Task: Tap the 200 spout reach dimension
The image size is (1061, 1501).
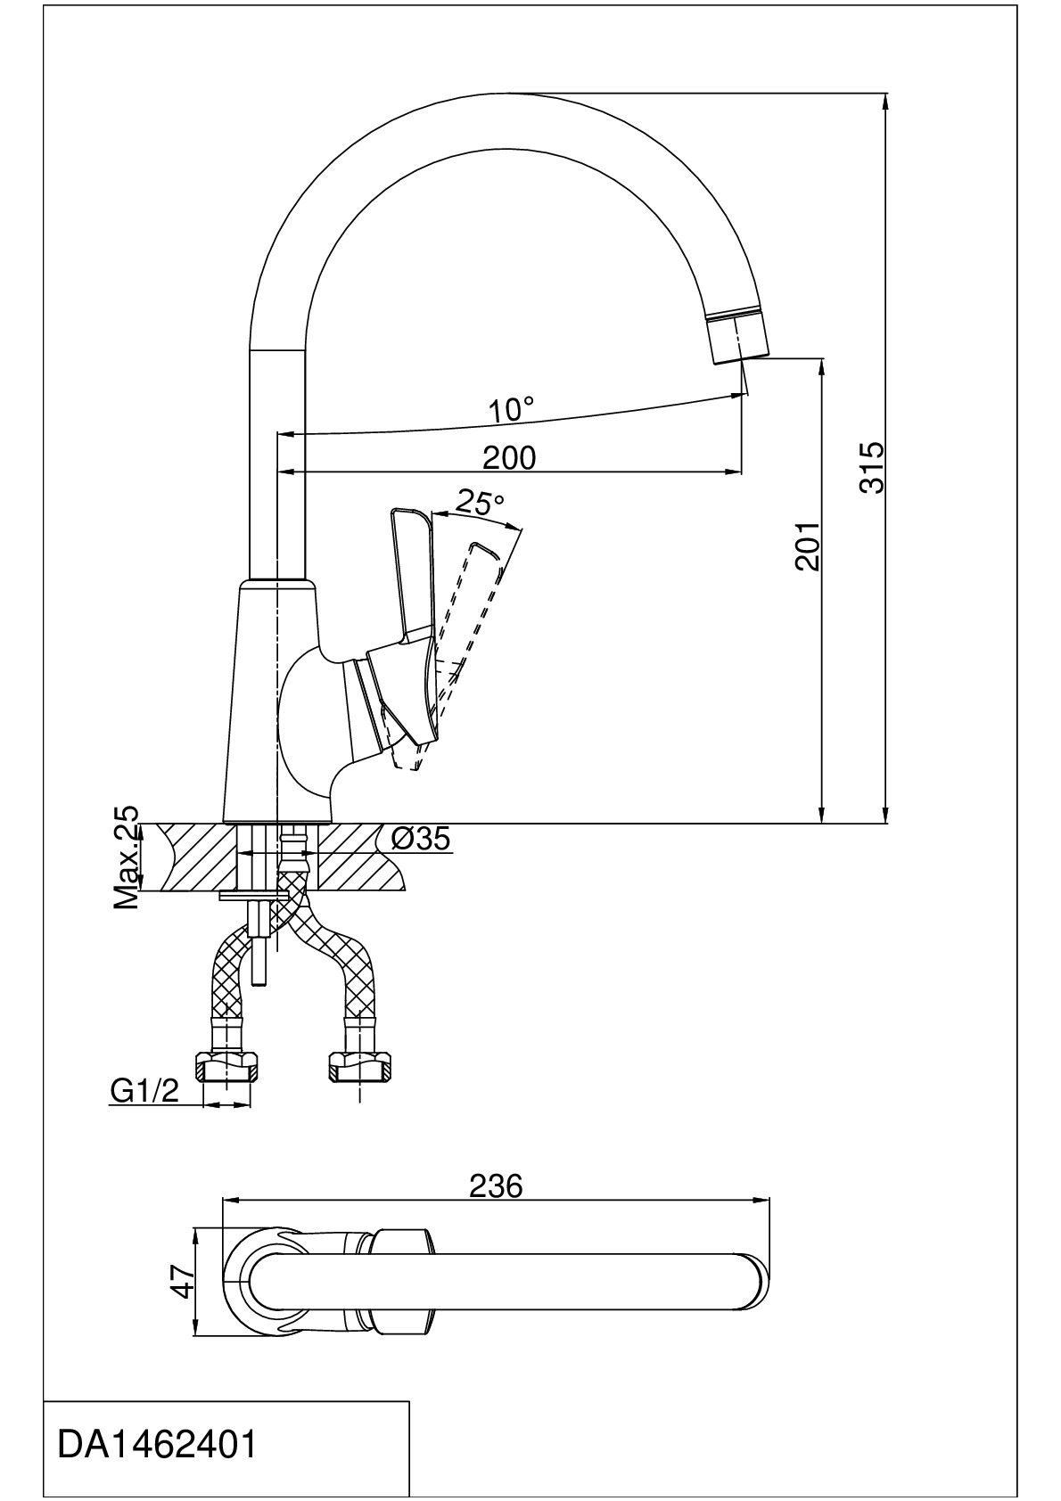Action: click(x=509, y=457)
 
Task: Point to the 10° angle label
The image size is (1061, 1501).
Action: click(x=511, y=410)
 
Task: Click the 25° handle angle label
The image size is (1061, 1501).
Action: click(x=480, y=504)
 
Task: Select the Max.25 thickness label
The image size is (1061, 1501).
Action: click(x=127, y=857)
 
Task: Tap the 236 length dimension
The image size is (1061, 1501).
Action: click(x=495, y=1186)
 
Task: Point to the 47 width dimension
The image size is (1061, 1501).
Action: click(x=183, y=1282)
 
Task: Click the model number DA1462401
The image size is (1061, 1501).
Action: click(x=157, y=1445)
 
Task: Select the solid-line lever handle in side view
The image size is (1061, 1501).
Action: click(x=411, y=570)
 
